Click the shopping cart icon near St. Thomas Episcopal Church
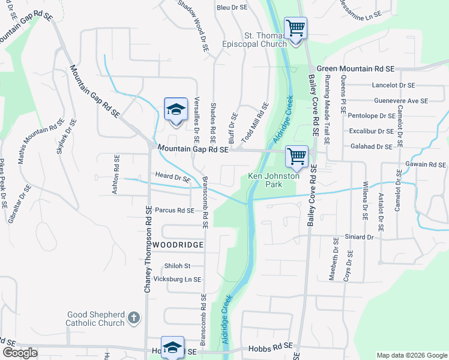(x=295, y=28)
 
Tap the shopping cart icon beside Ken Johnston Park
(x=297, y=157)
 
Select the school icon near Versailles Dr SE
(x=176, y=109)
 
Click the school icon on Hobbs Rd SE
(x=172, y=348)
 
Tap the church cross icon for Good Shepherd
(x=134, y=317)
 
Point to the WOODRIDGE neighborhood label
(x=178, y=245)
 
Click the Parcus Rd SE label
(x=174, y=211)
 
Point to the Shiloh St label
(x=177, y=266)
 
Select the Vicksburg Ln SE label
(x=178, y=280)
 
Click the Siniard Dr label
(x=359, y=237)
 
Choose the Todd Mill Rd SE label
(x=255, y=121)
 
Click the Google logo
(x=20, y=353)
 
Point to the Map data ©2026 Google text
(x=411, y=355)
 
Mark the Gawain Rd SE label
(x=425, y=164)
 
